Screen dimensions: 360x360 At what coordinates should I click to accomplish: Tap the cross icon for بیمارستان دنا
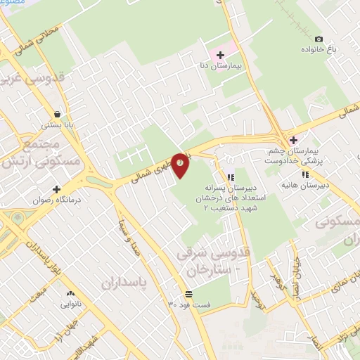click(x=220, y=55)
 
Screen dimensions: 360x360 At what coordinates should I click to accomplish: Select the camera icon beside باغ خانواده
click(x=319, y=39)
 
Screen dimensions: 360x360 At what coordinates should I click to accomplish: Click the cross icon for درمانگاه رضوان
click(x=57, y=188)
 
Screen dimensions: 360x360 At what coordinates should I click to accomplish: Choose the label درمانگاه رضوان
click(x=34, y=200)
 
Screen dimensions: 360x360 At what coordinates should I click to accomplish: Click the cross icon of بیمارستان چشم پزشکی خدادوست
click(x=294, y=140)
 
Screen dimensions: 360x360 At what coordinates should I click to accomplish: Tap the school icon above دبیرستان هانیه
click(x=305, y=174)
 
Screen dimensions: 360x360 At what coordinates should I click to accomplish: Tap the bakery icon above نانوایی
click(x=70, y=294)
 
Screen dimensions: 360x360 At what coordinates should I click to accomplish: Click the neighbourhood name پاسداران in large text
click(x=127, y=284)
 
